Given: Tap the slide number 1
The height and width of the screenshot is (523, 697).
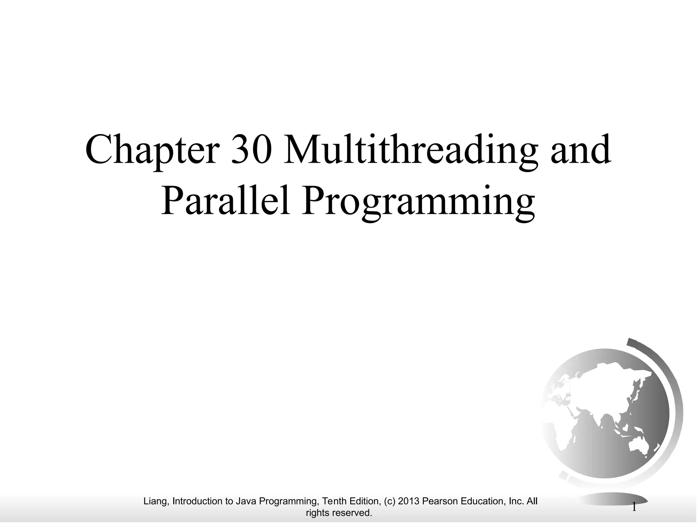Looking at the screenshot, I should tap(634, 507).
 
